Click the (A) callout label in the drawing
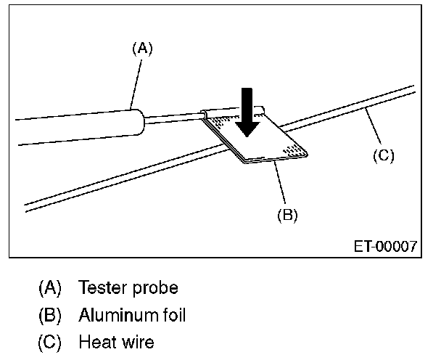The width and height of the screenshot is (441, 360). click(142, 49)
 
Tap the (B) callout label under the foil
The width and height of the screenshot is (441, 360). click(287, 215)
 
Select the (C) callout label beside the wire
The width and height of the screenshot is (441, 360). click(383, 155)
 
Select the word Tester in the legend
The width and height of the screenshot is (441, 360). click(102, 287)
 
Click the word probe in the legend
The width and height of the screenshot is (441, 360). click(153, 287)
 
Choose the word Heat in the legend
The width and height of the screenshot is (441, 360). click(96, 341)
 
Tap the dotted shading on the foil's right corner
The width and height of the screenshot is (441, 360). click(294, 150)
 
